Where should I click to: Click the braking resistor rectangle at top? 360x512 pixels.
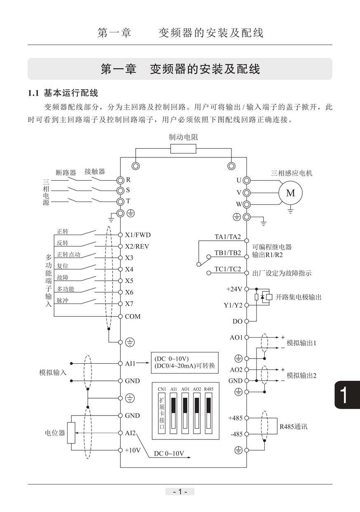[183, 149]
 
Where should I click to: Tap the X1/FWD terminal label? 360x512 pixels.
[138, 235]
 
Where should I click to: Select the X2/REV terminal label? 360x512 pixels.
[137, 247]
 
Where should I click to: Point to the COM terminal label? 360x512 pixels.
[133, 317]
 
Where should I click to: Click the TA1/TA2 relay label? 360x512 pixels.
[228, 237]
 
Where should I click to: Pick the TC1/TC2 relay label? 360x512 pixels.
[228, 269]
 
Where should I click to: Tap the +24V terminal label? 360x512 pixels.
[234, 289]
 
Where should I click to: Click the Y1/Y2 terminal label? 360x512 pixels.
[233, 305]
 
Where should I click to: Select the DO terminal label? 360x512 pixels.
[238, 322]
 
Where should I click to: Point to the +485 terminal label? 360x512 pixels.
[235, 418]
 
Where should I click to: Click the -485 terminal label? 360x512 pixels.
[236, 434]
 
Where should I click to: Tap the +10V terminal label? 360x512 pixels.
[133, 450]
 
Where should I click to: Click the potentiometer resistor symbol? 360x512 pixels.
[71, 433]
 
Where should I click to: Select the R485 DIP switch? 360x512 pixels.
[209, 413]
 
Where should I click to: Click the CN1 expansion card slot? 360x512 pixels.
[162, 413]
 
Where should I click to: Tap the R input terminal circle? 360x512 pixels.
[120, 180]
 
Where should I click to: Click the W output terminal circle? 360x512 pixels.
[246, 204]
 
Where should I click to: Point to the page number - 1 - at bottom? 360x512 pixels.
[180, 491]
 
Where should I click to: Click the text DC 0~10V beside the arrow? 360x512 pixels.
[169, 453]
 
